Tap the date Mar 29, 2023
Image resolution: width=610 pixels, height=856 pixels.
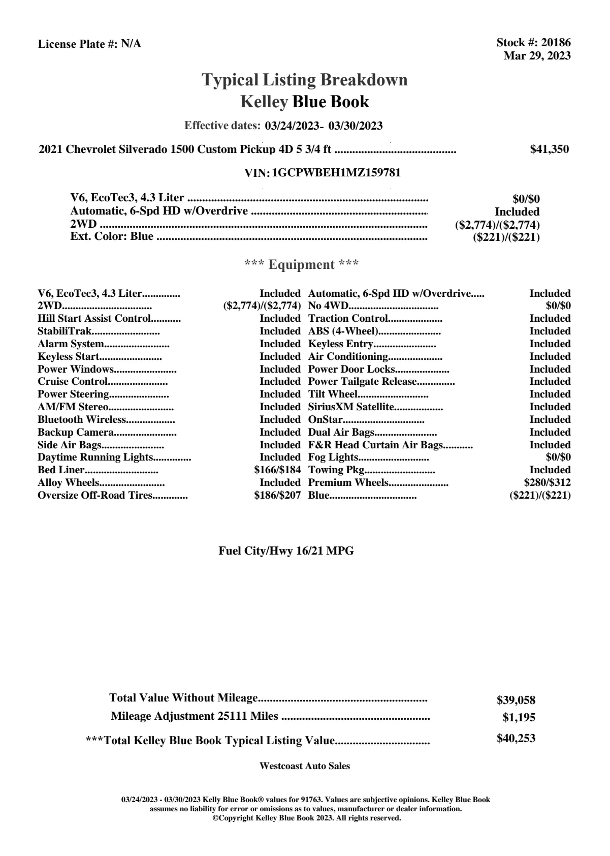point(537,55)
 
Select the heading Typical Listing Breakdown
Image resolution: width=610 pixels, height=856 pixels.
point(305,80)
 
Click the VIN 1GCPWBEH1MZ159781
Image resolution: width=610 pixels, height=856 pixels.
point(336,173)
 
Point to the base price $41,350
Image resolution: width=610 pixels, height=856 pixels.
point(549,149)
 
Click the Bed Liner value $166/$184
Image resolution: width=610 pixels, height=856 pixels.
point(277,470)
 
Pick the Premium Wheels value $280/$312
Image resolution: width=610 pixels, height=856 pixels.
point(547,482)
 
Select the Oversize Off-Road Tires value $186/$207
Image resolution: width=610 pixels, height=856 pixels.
point(277,495)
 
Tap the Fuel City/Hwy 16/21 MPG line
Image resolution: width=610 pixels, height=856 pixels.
point(286,551)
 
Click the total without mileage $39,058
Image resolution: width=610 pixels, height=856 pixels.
point(516,700)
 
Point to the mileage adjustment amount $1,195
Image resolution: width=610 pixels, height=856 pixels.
point(519,718)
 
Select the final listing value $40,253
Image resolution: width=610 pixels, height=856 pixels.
point(516,739)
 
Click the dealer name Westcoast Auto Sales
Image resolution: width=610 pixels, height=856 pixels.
point(304,766)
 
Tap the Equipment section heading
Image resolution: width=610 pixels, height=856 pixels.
point(302,265)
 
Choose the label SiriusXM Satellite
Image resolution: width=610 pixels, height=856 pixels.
point(351,407)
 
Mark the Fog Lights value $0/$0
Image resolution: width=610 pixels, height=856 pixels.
point(558,457)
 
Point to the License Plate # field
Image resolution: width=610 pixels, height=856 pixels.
point(89,44)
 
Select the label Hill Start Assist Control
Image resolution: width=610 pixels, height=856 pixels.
point(94,319)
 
